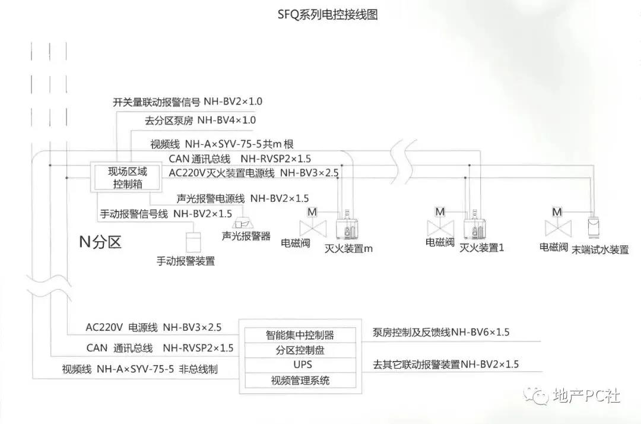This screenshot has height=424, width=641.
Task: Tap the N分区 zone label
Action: [x=100, y=242]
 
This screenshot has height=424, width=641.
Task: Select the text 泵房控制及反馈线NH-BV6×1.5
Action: [x=441, y=333]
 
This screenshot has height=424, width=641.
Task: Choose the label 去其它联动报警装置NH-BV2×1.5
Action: [x=445, y=364]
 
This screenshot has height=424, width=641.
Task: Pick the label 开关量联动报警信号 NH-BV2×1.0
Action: [x=188, y=102]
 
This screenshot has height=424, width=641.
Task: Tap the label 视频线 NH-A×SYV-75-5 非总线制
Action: [x=140, y=369]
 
